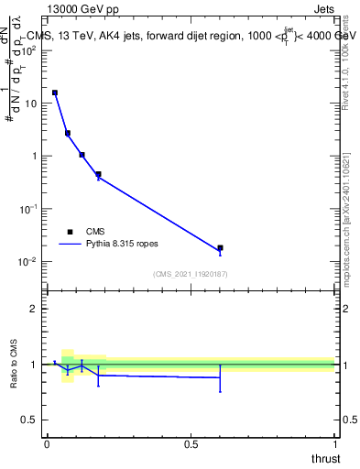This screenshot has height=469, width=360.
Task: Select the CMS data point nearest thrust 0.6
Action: click(x=220, y=248)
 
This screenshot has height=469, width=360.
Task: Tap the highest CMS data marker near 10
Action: click(x=55, y=93)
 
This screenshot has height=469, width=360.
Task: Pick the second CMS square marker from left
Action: click(x=68, y=133)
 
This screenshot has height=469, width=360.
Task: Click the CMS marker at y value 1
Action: click(x=82, y=155)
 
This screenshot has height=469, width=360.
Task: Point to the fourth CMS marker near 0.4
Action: click(x=98, y=174)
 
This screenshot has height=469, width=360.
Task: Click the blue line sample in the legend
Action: click(x=70, y=245)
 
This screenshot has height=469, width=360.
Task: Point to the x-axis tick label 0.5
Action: click(x=191, y=444)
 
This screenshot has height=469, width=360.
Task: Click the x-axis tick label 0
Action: click(x=47, y=444)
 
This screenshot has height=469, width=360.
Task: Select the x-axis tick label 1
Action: click(x=335, y=444)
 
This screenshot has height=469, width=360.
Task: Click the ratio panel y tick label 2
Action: click(x=34, y=309)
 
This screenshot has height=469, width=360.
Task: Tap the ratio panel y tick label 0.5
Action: click(x=29, y=420)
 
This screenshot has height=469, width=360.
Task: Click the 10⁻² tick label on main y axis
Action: click(x=27, y=262)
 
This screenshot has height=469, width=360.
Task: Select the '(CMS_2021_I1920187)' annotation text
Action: click(x=190, y=273)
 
